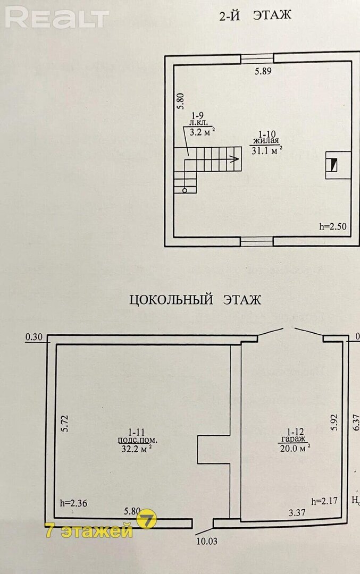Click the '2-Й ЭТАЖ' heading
(255, 15)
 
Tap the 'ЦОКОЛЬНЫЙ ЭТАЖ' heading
(195, 300)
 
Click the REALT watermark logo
(57, 18)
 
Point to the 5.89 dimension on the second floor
(263, 71)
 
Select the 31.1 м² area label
(267, 150)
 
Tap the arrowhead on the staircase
(236, 159)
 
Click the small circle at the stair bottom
(184, 190)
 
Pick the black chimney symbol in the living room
(333, 165)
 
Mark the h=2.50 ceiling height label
(332, 226)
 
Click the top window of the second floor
(257, 58)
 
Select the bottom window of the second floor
(257, 241)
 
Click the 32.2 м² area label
(137, 449)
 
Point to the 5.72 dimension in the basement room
(64, 424)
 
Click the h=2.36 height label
(73, 503)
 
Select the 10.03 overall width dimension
(207, 541)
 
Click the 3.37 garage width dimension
(297, 513)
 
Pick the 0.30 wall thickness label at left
(34, 337)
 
